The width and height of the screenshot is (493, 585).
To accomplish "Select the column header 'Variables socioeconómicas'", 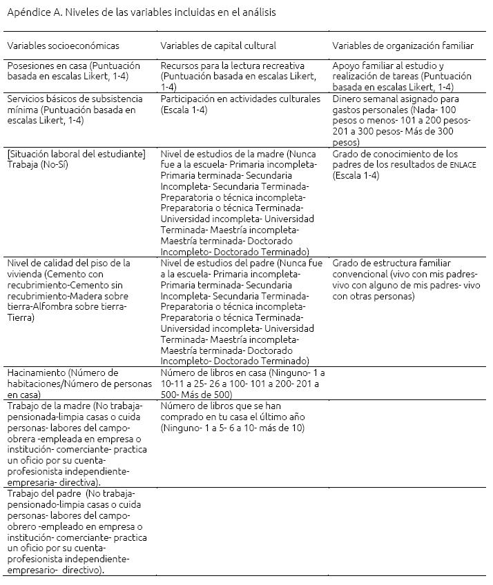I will point(64,46).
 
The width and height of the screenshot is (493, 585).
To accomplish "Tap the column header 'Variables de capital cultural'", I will point(218,46).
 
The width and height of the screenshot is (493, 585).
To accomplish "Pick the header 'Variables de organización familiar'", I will point(403,46).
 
